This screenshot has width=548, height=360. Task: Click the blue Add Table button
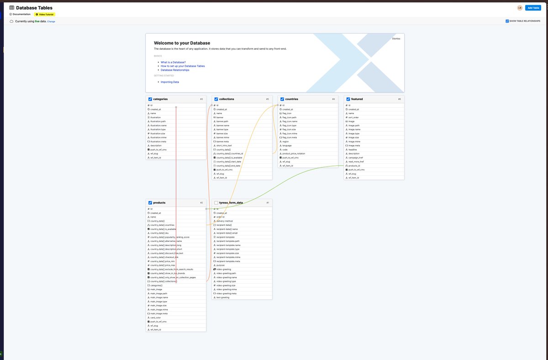coord(533,8)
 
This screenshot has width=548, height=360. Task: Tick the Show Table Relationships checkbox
coord(507,21)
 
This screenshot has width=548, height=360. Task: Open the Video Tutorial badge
coord(45,14)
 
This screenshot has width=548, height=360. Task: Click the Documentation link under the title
coord(21,14)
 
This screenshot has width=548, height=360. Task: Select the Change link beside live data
coord(51,21)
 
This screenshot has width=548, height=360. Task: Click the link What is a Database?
coord(173,62)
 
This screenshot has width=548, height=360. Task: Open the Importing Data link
coord(170,82)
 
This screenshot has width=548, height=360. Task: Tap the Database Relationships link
coord(175,70)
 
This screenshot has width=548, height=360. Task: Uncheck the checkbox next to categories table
coord(150,99)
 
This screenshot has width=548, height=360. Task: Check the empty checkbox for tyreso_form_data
coord(216,203)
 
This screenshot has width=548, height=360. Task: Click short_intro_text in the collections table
coord(224,146)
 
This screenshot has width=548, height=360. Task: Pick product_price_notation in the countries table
coord(294,154)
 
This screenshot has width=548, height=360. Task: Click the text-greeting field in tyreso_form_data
coord(223,297)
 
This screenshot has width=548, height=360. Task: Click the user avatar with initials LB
coord(520,8)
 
